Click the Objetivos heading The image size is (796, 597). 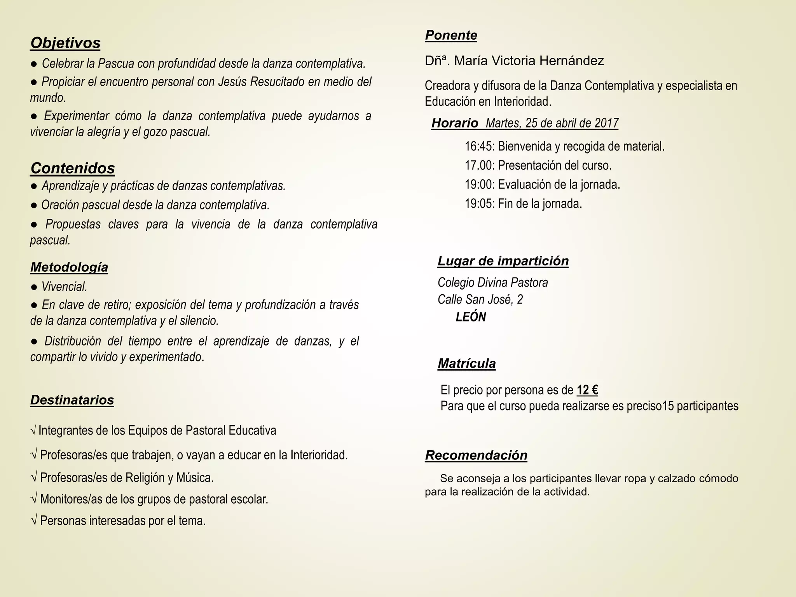pos(65,43)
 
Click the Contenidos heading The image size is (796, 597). pos(73,168)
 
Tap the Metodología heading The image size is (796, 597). pos(69,267)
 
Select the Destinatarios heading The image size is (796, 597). pos(72,400)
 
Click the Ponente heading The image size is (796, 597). pos(451,35)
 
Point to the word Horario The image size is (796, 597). pos(455,123)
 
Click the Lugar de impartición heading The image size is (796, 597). pos(503,261)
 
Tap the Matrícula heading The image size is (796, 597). pos(466,364)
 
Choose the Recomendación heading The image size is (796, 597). pos(476,455)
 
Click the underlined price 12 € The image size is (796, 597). pos(587,390)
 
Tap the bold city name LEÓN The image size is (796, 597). pos(471,317)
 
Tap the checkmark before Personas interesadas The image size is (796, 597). pos(34,521)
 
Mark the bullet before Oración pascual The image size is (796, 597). pos(34,205)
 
